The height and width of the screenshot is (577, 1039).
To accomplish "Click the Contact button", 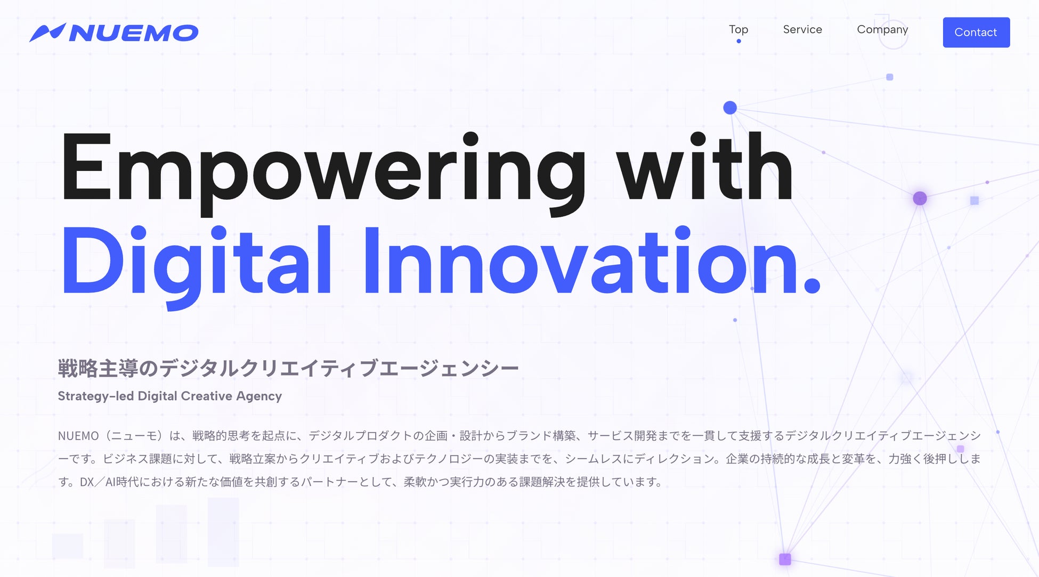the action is pos(976,32).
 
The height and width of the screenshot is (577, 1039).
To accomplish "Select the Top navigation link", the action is pos(738,30).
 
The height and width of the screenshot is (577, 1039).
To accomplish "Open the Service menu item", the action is pos(802,29).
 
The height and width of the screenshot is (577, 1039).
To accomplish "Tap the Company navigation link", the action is pos(882,30).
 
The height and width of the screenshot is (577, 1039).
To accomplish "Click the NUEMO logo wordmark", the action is pos(134,33).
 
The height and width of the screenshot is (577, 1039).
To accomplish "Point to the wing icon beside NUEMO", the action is pos(47,32).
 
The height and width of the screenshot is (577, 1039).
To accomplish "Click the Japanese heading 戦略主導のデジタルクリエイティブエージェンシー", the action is pos(288,368).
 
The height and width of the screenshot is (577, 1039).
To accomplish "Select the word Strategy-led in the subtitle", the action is pos(95,396).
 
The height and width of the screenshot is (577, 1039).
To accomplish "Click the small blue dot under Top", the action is pos(738,41).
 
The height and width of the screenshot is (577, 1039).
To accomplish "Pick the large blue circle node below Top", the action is pos(730,108).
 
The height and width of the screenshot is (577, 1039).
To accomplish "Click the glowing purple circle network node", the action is pos(920,198).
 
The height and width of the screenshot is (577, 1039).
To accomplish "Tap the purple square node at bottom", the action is pos(785,559).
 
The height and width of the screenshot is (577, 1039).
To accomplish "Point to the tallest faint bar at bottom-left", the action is pos(223,532).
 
